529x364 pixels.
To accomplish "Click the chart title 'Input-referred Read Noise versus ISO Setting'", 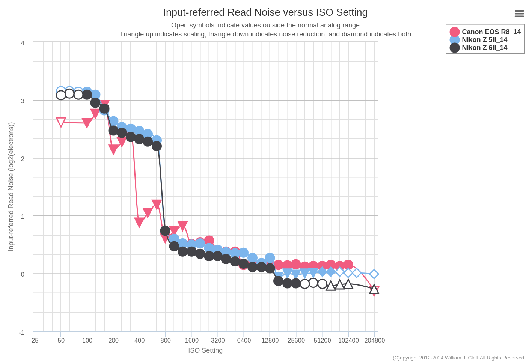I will tap(265, 12).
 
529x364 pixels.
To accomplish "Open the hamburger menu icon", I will tap(519, 14).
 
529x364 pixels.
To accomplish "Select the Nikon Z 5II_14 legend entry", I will tap(484, 40).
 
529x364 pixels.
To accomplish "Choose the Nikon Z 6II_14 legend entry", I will tap(484, 48).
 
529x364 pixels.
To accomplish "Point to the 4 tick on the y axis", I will tap(23, 43).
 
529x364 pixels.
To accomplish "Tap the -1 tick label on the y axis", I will tap(22, 333).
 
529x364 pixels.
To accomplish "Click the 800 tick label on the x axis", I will tap(166, 341).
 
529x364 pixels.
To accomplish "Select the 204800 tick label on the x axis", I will tap(374, 341).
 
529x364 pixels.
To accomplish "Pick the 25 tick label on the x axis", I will tap(35, 341).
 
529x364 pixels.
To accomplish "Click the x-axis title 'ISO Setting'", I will tap(205, 350).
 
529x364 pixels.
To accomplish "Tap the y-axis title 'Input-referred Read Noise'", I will tap(11, 187).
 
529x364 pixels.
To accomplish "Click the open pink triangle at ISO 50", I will tap(61, 122).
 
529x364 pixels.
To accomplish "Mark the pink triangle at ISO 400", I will tap(139, 222).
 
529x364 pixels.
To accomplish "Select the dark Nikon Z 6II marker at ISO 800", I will tap(165, 230).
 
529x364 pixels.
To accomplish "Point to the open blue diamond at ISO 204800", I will tap(374, 274).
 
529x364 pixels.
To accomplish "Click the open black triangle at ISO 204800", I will tap(374, 289).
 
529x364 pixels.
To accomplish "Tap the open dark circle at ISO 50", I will tap(61, 95).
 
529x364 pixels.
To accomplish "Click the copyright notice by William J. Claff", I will tap(459, 358).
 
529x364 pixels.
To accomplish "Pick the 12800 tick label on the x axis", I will tap(270, 341).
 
